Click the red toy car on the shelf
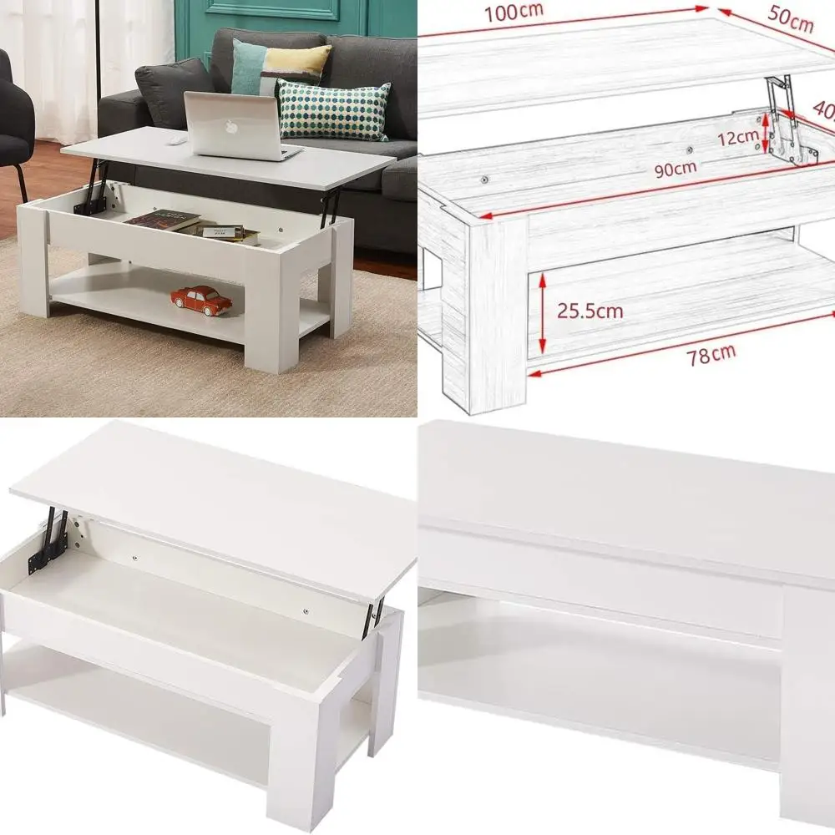click(201, 300)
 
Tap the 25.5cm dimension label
click(591, 311)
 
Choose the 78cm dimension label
click(711, 355)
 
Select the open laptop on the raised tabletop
click(237, 127)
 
